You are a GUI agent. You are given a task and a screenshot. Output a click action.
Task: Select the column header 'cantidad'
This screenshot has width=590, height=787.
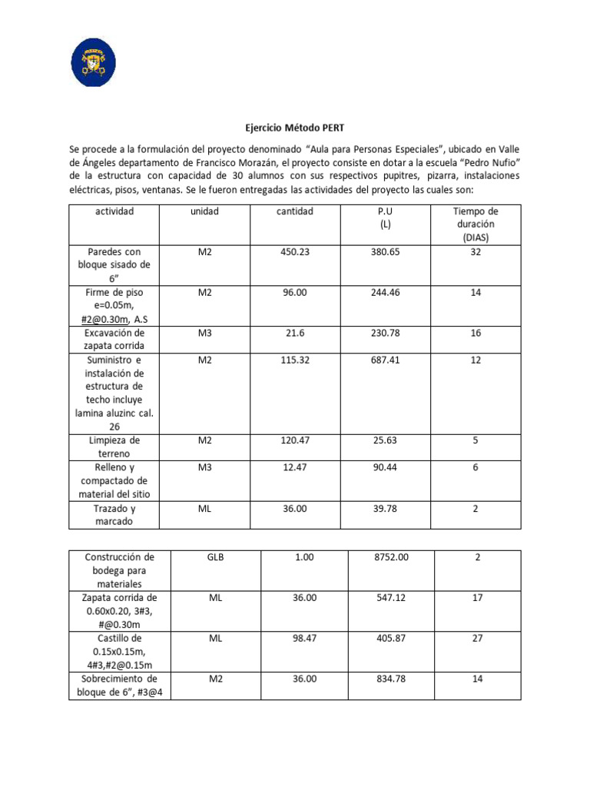(x=295, y=211)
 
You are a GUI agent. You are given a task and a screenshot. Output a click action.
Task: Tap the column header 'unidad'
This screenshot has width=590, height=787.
(x=204, y=211)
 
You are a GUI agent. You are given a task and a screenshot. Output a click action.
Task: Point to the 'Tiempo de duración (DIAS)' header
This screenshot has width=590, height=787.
(x=476, y=224)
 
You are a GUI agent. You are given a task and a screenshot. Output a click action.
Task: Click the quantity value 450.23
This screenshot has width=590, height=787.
(x=295, y=251)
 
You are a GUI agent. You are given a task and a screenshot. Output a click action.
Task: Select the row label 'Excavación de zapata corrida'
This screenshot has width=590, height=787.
(x=114, y=339)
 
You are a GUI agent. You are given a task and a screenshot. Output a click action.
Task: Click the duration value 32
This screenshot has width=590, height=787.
(x=476, y=251)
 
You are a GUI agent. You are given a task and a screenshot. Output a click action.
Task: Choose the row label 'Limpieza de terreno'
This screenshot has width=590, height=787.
(x=114, y=447)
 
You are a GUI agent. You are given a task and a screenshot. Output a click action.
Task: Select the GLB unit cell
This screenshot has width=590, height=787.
(x=215, y=557)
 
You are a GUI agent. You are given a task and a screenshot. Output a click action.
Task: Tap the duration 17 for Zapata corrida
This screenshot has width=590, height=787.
(x=477, y=597)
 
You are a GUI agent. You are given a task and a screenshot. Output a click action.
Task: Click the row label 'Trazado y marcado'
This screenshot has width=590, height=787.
(x=114, y=515)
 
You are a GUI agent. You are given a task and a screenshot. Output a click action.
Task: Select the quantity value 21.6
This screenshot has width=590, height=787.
(x=295, y=333)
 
